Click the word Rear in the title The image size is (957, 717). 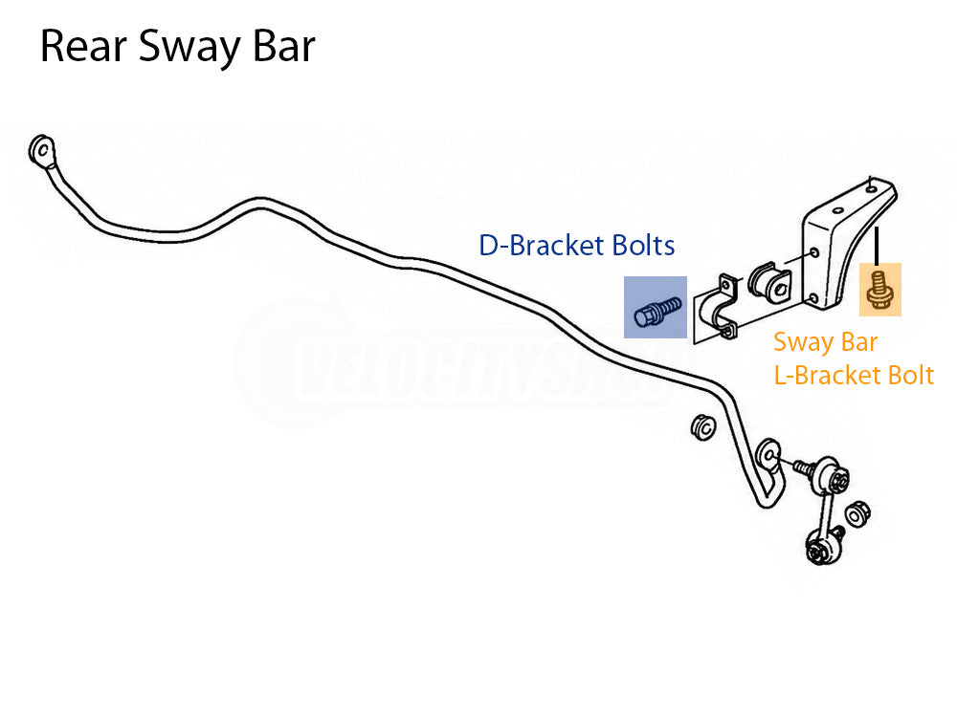tap(83, 46)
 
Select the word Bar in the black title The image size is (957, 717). tap(283, 46)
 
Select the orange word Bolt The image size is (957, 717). tap(911, 376)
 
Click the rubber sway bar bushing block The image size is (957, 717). tap(769, 284)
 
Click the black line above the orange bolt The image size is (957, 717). tap(877, 246)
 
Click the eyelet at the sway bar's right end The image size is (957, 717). tap(768, 454)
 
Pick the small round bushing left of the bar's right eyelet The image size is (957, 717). tap(703, 427)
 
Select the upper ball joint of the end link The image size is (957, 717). tap(833, 475)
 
